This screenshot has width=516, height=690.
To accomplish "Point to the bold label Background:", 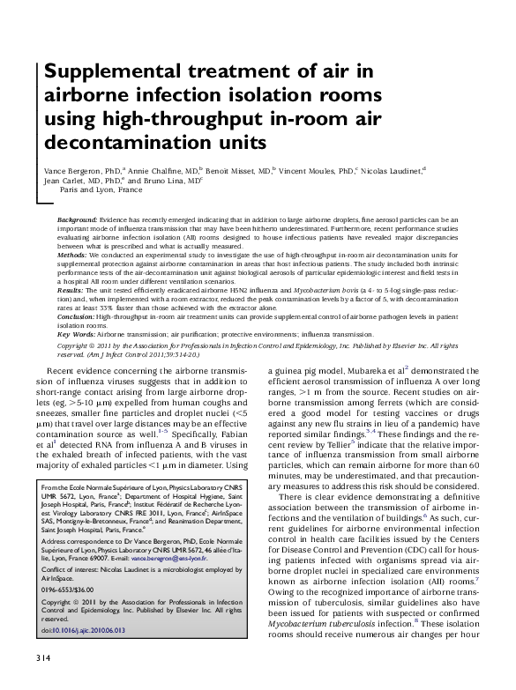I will point(77,218).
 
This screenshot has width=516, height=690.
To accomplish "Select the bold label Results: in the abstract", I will point(71,289).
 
